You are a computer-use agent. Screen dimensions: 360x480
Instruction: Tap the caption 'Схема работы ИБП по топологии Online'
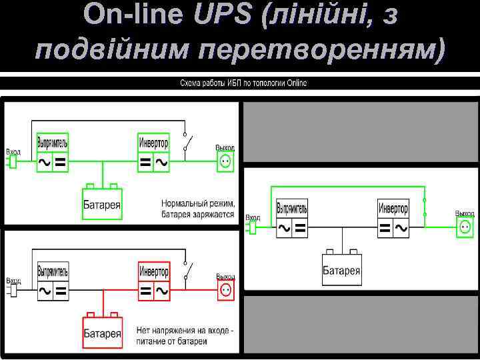(243, 83)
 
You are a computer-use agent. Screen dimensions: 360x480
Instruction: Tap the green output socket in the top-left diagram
(225, 161)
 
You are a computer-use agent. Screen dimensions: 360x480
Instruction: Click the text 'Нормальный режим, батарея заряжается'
(197, 209)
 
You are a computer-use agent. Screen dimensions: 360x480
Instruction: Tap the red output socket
(225, 290)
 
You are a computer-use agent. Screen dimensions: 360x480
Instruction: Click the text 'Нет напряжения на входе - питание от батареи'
(185, 335)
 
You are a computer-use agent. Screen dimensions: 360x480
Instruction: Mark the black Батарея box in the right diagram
(341, 267)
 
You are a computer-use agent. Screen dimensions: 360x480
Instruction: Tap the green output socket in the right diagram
(465, 227)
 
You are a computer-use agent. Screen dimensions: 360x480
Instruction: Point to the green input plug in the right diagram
(252, 228)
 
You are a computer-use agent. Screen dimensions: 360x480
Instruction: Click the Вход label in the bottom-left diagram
(13, 281)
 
